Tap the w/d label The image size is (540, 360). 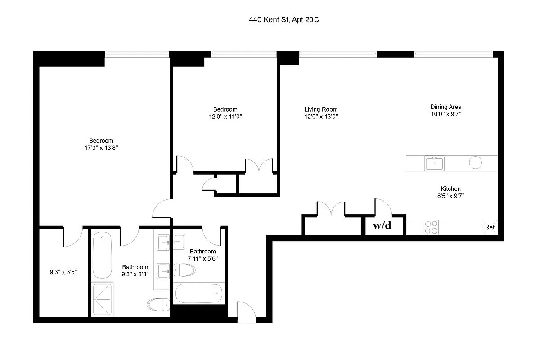[x=382, y=225]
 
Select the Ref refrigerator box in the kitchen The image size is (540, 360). [x=490, y=227]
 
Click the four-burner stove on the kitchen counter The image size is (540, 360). [x=431, y=227]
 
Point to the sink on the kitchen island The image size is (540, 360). [x=435, y=163]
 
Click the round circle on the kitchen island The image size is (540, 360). [x=476, y=162]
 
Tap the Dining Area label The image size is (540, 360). [x=446, y=107]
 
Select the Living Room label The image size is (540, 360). [x=321, y=109]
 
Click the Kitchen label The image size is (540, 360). [x=450, y=189]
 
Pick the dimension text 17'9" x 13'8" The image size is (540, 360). [x=101, y=148]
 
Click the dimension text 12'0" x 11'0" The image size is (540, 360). [x=225, y=117]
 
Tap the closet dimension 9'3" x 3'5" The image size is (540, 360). [x=63, y=272]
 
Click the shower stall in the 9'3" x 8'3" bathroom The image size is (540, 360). [x=103, y=299]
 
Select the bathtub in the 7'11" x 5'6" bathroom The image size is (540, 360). [x=198, y=293]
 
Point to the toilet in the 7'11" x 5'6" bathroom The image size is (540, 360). [x=184, y=270]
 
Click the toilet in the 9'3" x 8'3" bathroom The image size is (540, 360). [x=157, y=305]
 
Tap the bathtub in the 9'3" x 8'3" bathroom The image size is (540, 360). [x=103, y=256]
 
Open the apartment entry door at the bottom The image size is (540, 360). [x=246, y=312]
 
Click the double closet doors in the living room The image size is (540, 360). [x=331, y=209]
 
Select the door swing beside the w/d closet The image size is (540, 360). [x=383, y=207]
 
